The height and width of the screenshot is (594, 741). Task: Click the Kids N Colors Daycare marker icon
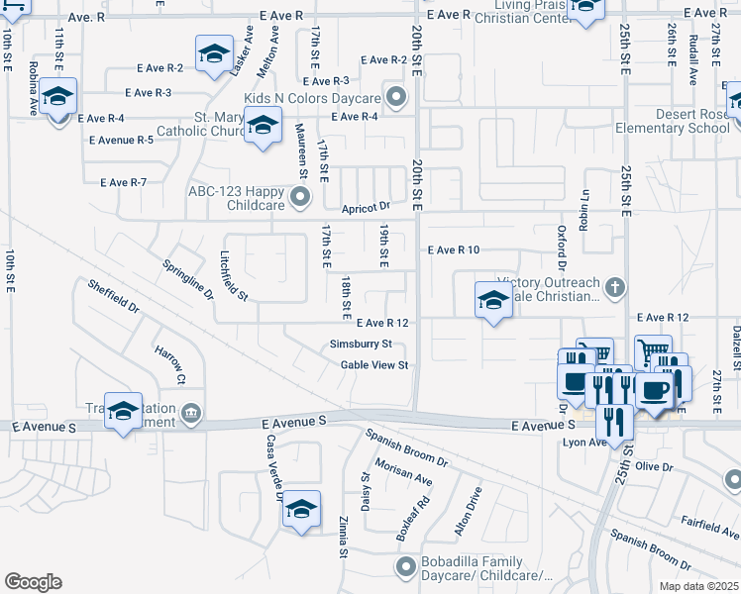click(x=397, y=97)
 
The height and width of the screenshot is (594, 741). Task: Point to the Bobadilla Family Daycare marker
click(x=404, y=566)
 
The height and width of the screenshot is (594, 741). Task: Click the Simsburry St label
click(x=361, y=345)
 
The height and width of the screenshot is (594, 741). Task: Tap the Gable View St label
click(x=374, y=365)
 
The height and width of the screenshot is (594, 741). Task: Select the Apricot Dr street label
click(x=367, y=208)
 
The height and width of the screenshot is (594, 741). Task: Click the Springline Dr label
click(x=188, y=280)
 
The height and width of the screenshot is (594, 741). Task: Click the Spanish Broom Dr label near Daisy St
click(x=406, y=447)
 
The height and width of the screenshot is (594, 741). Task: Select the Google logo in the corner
click(x=33, y=582)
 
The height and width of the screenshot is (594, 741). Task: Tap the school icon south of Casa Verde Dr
click(x=301, y=511)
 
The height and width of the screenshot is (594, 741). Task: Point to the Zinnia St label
click(x=343, y=536)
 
